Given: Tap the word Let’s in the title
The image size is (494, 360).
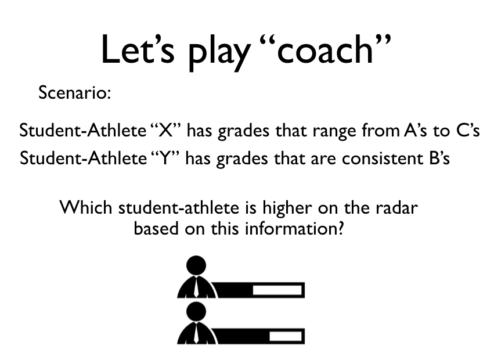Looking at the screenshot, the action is [x=138, y=49].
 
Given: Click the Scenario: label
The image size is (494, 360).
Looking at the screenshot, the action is [x=75, y=92].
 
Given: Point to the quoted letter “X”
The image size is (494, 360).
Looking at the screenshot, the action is [x=166, y=130].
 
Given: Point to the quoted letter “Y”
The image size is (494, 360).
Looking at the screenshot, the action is [x=165, y=157].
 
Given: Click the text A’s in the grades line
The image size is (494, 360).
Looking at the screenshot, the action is [x=415, y=130].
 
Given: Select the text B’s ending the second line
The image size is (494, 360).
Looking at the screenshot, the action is [x=439, y=157].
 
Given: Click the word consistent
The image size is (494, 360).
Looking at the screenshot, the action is [x=382, y=158].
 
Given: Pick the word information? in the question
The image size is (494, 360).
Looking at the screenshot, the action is [x=294, y=228].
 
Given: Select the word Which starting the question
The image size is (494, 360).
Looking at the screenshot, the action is [x=86, y=208].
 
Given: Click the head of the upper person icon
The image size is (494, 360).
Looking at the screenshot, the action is [x=196, y=265].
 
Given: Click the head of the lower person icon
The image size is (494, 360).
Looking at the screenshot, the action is [x=196, y=311].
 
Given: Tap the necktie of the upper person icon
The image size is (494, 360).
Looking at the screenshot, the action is [x=196, y=287].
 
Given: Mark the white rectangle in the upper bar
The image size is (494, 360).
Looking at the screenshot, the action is [x=277, y=290].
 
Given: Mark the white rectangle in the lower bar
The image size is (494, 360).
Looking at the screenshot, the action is [x=286, y=336].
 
